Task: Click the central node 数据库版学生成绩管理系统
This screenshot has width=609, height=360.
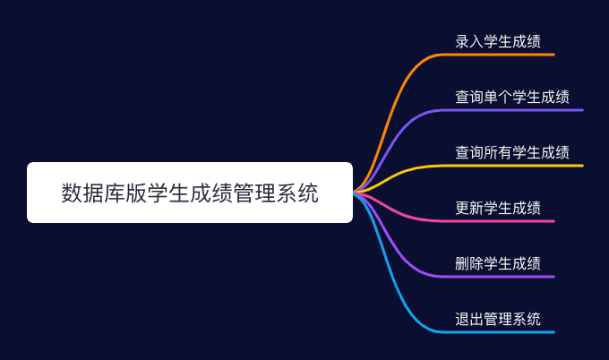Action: coord(190,193)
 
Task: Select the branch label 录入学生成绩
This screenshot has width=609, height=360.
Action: coord(498,41)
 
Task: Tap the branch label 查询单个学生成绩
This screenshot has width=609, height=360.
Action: coord(512,97)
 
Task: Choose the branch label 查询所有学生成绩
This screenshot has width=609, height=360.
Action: coord(512,152)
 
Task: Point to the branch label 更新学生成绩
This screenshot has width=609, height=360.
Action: coord(498,208)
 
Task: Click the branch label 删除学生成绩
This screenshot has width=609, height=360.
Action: coord(498,263)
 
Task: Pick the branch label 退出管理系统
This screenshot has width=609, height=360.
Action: coord(498,319)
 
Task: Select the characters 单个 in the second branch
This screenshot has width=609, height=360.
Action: coord(498,97)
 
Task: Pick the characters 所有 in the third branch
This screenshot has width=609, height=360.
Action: coord(498,152)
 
